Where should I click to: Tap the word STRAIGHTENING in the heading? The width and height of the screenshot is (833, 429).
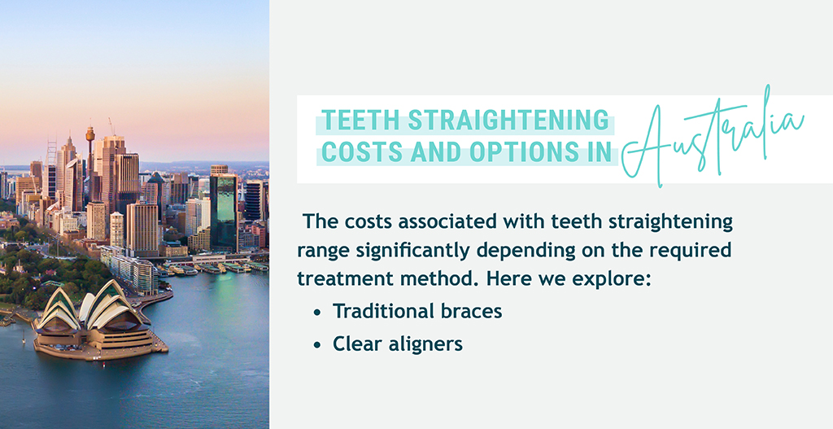click(x=508, y=120)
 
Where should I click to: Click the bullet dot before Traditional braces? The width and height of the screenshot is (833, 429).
click(x=317, y=313)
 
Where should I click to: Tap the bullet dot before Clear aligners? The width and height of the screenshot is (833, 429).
click(x=317, y=345)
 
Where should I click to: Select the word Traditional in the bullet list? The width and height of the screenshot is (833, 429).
click(x=381, y=311)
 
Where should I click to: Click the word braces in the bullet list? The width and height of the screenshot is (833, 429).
click(x=468, y=311)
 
